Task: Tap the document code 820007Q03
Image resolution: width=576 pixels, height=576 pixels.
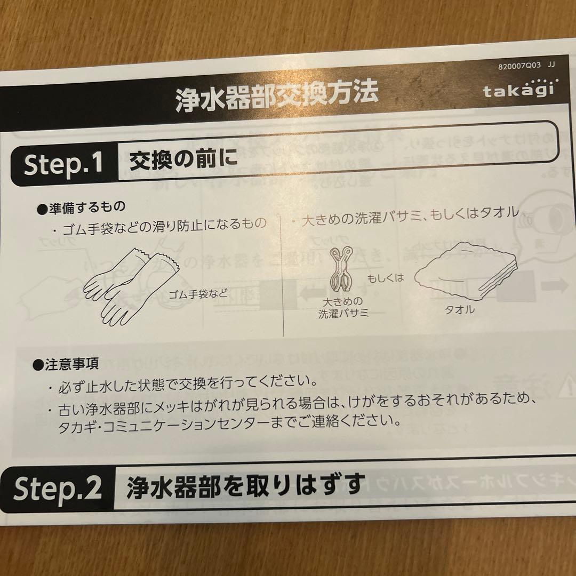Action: click(519, 66)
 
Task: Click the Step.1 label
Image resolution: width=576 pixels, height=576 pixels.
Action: click(63, 164)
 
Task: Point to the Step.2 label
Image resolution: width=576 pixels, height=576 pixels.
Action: click(57, 488)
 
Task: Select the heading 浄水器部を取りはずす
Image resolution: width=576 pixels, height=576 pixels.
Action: click(246, 486)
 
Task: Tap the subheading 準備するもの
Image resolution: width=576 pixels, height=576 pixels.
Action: click(81, 207)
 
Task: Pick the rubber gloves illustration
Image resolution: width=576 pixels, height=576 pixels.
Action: click(131, 286)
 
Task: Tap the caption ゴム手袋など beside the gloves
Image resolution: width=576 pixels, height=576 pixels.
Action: click(198, 294)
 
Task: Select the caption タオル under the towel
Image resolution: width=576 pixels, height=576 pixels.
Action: click(459, 310)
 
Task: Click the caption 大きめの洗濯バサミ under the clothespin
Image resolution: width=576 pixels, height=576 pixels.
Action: click(343, 307)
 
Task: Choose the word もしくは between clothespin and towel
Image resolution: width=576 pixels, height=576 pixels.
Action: click(386, 278)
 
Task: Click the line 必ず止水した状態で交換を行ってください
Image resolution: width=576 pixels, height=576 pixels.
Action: click(187, 384)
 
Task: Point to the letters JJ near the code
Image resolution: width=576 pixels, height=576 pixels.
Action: click(551, 65)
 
